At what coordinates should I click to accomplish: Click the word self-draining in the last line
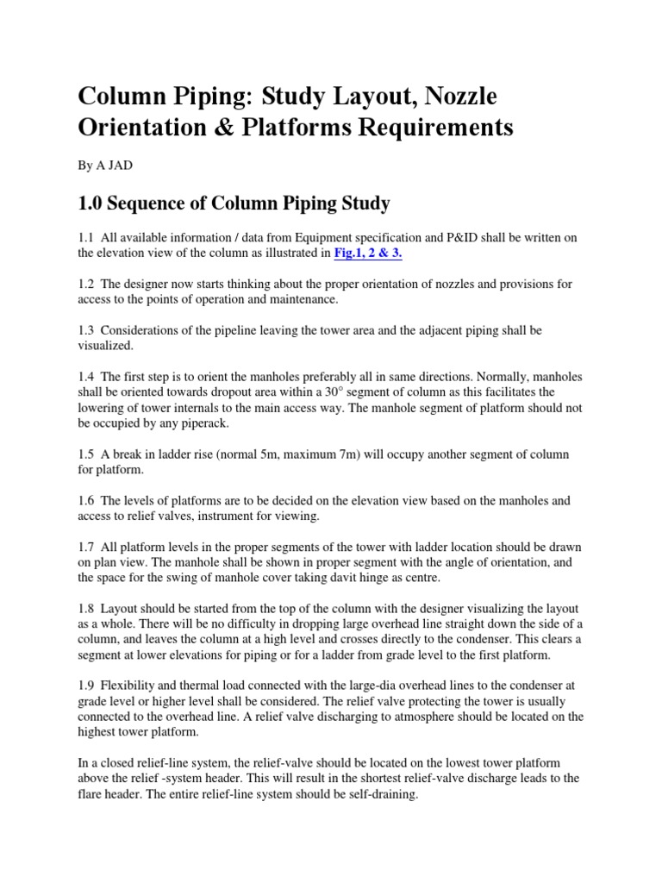[374, 796]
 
